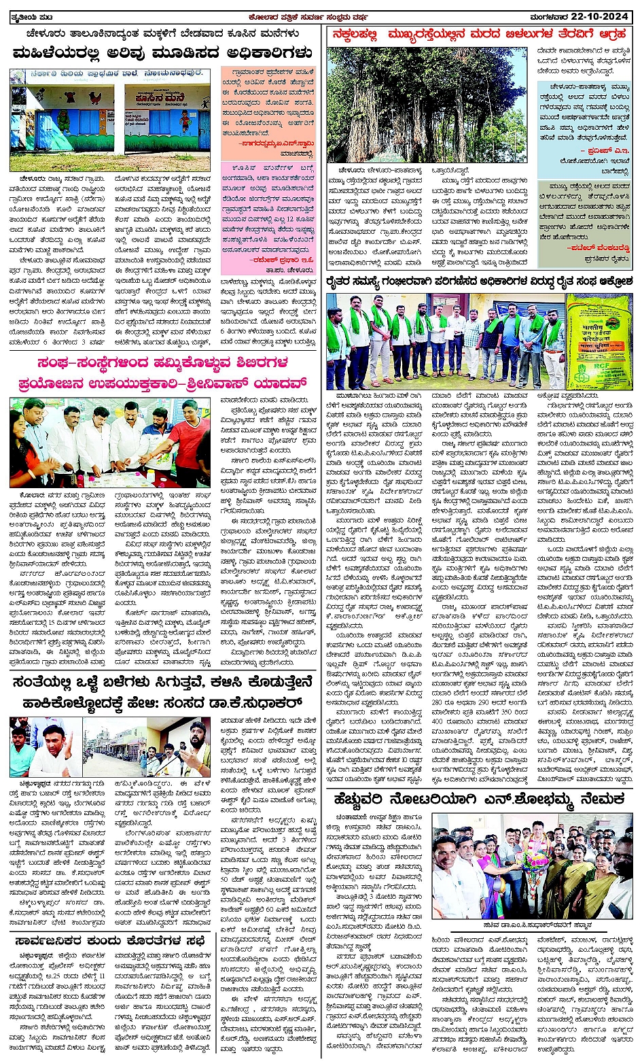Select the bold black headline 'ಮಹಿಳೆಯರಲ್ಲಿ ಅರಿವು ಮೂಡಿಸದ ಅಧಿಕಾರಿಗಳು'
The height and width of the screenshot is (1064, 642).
click(163, 52)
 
